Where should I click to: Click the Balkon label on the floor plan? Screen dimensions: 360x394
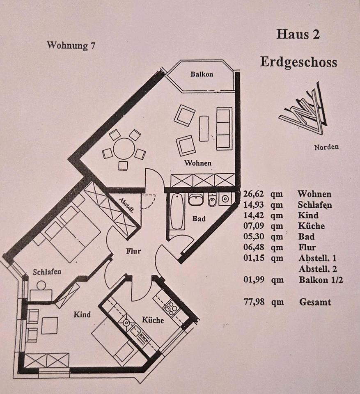pyautogui.click(x=202, y=74)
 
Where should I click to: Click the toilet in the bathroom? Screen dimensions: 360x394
pyautogui.click(x=213, y=200)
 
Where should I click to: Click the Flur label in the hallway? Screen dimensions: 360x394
pyautogui.click(x=133, y=251)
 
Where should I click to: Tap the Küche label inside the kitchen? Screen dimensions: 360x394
pyautogui.click(x=153, y=320)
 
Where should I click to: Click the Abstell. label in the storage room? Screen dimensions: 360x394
pyautogui.click(x=126, y=205)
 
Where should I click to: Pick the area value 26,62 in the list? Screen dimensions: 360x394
pyautogui.click(x=254, y=194)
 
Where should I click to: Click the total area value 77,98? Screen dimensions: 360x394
pyautogui.click(x=254, y=302)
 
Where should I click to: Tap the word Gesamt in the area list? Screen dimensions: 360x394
pyautogui.click(x=315, y=302)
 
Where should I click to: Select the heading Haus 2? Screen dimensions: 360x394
pyautogui.click(x=298, y=34)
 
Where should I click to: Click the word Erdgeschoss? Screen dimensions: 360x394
pyautogui.click(x=298, y=62)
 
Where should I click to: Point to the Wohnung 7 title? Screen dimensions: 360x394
pyautogui.click(x=71, y=45)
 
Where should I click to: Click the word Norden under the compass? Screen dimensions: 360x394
pyautogui.click(x=326, y=147)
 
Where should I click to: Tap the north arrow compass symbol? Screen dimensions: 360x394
pyautogui.click(x=304, y=108)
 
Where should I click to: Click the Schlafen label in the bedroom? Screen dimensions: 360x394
pyautogui.click(x=47, y=272)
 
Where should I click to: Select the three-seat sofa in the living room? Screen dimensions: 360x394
pyautogui.click(x=224, y=128)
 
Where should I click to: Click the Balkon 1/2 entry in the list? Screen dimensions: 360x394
pyautogui.click(x=321, y=279)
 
